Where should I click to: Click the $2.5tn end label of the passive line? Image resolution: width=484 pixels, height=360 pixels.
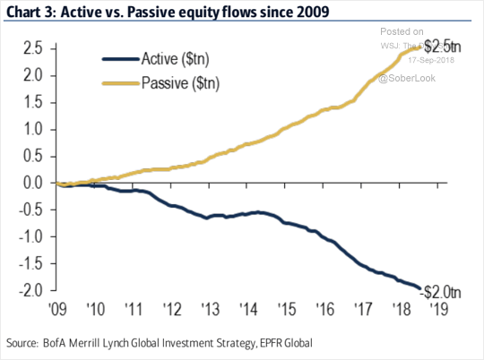pos(442,45)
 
